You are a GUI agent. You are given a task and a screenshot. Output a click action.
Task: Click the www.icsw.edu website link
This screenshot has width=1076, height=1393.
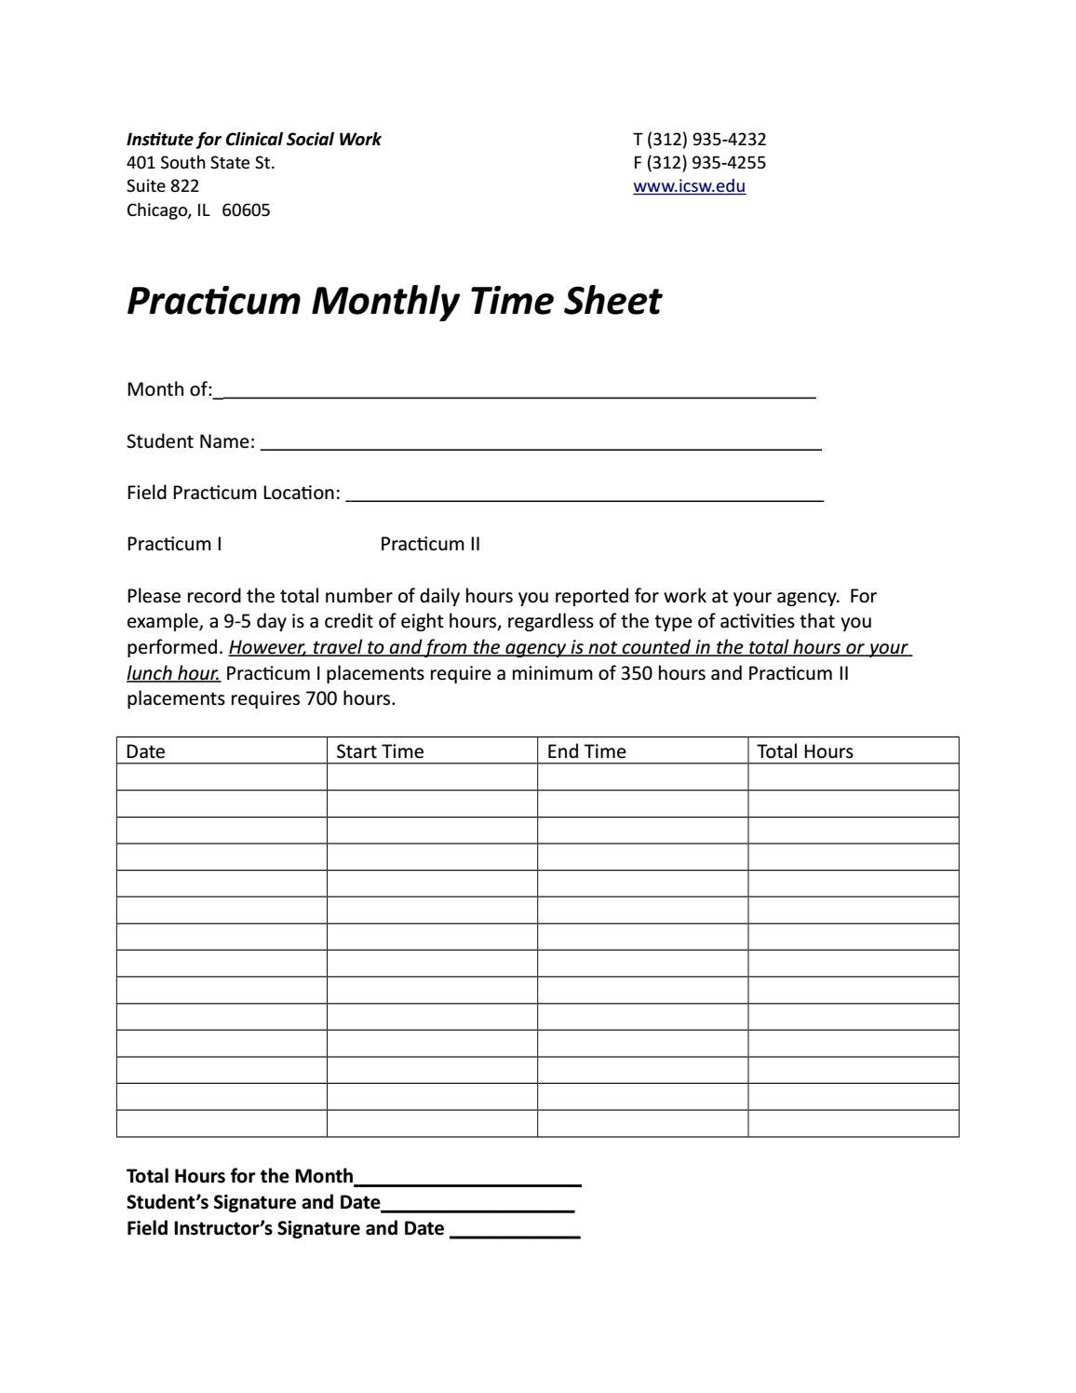coord(689,186)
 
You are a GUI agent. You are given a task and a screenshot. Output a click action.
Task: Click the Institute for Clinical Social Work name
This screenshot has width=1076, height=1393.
coord(253,140)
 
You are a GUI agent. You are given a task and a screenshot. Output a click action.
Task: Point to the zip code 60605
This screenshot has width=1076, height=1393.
coord(246,210)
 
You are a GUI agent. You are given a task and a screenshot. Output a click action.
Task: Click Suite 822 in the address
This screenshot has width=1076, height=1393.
coord(163,186)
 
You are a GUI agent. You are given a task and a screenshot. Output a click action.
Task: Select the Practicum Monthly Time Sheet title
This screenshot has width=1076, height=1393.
coord(394,302)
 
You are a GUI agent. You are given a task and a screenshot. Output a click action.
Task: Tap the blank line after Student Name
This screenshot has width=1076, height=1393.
coord(540,446)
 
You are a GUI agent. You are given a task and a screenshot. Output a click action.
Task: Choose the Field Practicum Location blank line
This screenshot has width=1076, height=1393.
coord(584,497)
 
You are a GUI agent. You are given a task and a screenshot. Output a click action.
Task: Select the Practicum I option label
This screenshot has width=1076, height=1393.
coord(174,545)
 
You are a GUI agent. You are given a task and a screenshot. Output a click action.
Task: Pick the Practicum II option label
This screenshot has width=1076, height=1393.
coord(430,545)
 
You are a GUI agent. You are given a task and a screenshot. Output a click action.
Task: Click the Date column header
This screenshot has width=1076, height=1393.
coord(146,751)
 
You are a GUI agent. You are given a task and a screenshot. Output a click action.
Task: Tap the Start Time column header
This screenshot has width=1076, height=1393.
coord(380,751)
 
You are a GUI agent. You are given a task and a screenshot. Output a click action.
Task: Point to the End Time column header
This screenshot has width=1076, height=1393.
coord(586,751)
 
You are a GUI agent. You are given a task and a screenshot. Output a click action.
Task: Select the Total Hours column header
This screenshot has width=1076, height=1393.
coord(804,751)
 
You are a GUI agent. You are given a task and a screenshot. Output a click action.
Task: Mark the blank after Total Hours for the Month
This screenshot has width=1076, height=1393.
coord(467,1181)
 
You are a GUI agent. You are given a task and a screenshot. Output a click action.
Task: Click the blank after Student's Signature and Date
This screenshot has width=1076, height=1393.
coord(477,1207)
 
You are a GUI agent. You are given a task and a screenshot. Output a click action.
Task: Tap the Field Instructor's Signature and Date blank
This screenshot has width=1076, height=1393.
coord(515,1233)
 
